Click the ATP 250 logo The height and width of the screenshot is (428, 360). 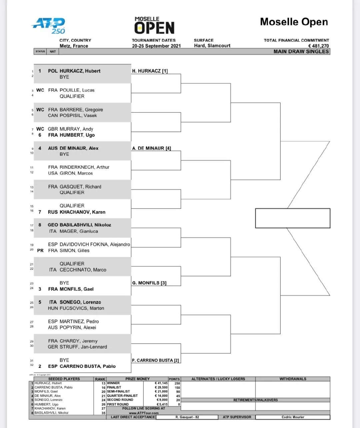49,25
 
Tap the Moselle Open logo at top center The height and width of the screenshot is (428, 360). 154,25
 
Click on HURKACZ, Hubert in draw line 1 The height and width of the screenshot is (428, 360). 80,71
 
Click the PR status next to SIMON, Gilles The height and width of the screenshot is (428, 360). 40,250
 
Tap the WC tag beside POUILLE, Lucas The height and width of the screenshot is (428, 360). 40,90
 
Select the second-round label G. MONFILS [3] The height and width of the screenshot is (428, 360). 149,283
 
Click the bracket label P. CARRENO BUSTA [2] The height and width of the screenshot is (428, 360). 155,360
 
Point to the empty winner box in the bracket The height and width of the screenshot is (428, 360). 292,218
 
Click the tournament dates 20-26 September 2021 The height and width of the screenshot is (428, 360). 156,46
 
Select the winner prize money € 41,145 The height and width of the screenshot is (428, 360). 161,383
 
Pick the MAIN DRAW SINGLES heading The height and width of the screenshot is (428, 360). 301,51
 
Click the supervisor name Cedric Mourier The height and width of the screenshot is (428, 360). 293,417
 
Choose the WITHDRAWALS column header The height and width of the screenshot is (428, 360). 293,379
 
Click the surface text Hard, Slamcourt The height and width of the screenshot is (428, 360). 212,45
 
